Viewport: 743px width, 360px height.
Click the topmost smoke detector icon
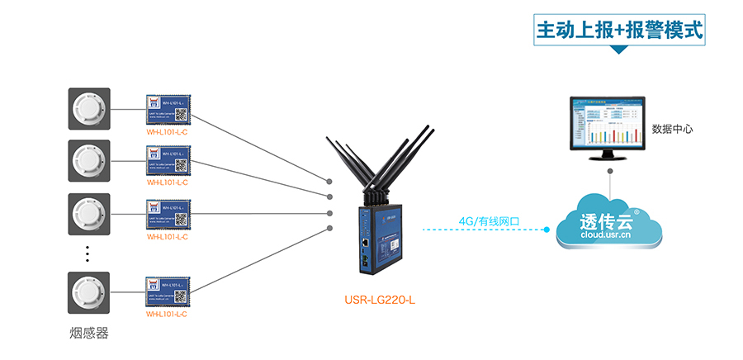click(x=88, y=108)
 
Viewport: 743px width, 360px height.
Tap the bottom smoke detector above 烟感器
click(x=88, y=293)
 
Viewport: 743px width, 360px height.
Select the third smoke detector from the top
click(x=88, y=215)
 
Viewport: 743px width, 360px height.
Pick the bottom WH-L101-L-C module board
click(x=168, y=293)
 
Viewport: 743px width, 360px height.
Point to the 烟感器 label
click(x=88, y=334)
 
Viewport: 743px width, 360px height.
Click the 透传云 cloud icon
click(x=609, y=222)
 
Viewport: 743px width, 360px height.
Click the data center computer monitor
click(x=609, y=124)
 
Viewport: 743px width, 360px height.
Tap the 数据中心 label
click(x=672, y=129)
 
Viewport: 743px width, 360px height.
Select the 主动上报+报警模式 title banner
click(x=620, y=31)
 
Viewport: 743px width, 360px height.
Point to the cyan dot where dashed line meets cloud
click(x=547, y=230)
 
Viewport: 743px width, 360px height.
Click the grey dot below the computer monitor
click(x=609, y=172)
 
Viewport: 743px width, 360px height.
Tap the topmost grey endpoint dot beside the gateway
click(x=329, y=180)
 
